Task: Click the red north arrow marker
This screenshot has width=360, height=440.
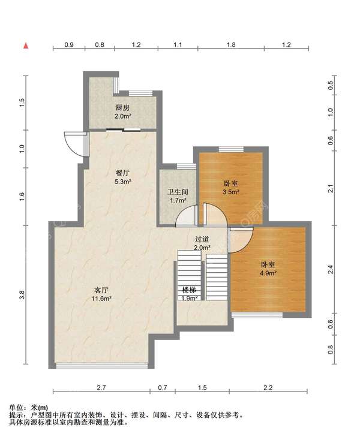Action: pyautogui.click(x=26, y=46)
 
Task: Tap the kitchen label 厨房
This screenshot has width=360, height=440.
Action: pyautogui.click(x=122, y=108)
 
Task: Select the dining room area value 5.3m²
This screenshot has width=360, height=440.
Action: pyautogui.click(x=123, y=182)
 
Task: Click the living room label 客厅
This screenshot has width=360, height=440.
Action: pyautogui.click(x=101, y=290)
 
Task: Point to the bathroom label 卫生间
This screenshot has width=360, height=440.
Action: pyautogui.click(x=178, y=192)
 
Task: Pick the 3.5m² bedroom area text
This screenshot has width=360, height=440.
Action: pyautogui.click(x=231, y=192)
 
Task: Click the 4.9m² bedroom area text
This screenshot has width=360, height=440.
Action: pyautogui.click(x=268, y=273)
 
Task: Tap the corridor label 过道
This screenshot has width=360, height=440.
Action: pyautogui.click(x=202, y=239)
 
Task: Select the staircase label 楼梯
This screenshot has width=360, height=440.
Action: pyautogui.click(x=189, y=290)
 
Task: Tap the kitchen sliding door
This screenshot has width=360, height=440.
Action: pyautogui.click(x=123, y=129)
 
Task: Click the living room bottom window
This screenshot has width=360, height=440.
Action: pyautogui.click(x=101, y=366)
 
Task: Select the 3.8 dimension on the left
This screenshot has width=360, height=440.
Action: pyautogui.click(x=23, y=295)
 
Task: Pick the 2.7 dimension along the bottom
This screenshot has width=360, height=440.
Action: pyautogui.click(x=101, y=388)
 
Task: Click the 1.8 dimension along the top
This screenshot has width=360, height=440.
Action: pyautogui.click(x=231, y=45)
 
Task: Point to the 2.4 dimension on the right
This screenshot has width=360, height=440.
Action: pyautogui.click(x=331, y=269)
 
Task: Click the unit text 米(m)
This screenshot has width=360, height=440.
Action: pyautogui.click(x=39, y=408)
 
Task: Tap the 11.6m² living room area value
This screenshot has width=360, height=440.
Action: pyautogui.click(x=101, y=299)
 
